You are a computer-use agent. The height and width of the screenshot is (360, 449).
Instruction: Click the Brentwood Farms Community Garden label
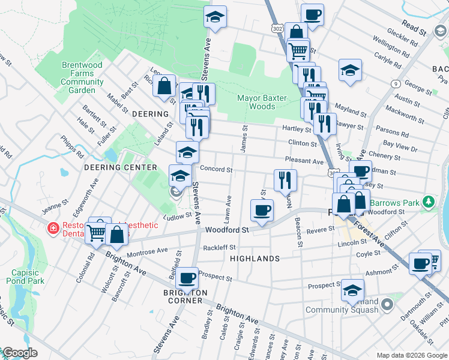pyautogui.click(x=82, y=77)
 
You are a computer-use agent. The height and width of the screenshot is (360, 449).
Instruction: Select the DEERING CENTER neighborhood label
pyautogui.click(x=120, y=167)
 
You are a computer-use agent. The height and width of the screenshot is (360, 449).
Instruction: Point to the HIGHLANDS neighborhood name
pyautogui.click(x=255, y=259)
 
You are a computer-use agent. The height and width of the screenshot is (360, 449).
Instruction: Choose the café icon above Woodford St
pyautogui.click(x=262, y=210)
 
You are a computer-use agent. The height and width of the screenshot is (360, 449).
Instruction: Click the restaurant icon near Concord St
pyautogui.click(x=285, y=179)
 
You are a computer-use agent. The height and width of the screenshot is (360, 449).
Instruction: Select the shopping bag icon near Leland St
pyautogui.click(x=164, y=85)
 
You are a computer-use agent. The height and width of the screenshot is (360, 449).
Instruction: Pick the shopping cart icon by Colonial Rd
pyautogui.click(x=96, y=233)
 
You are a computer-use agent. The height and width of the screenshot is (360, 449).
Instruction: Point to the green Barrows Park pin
pyautogui.click(x=428, y=202)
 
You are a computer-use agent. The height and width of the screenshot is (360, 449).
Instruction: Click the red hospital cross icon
pyautogui.click(x=53, y=229)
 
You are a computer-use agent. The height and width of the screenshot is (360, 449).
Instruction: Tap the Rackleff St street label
pyautogui.click(x=219, y=247)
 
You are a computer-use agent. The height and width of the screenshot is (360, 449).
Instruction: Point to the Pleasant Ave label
pyautogui.click(x=306, y=161)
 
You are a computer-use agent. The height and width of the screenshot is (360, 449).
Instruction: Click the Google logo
pyautogui.click(x=20, y=353)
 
